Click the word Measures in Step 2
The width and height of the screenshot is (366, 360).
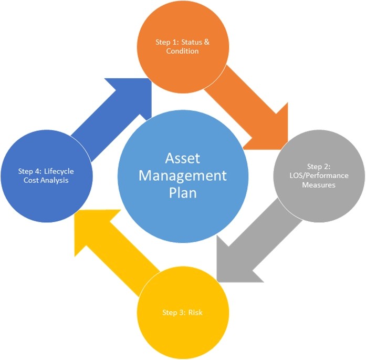(x=319, y=184)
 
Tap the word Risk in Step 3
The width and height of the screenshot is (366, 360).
(x=194, y=313)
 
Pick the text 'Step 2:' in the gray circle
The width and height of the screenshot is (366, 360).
(x=319, y=165)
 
